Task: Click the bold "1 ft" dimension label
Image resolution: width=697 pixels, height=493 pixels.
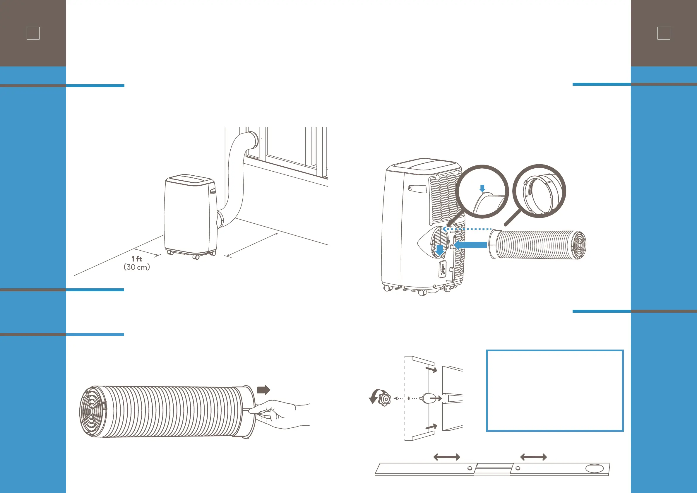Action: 137,259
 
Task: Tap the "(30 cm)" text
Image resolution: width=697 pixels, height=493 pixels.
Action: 137,267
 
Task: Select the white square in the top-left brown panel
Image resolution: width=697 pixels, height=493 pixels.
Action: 33,33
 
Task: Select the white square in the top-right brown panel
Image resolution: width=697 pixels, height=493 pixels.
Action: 664,33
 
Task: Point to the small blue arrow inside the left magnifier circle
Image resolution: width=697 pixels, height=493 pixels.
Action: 482,188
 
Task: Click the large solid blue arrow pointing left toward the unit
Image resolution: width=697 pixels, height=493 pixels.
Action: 470,245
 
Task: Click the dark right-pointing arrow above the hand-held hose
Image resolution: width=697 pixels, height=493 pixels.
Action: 263,390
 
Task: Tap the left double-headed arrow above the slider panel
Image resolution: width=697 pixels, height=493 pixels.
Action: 446,457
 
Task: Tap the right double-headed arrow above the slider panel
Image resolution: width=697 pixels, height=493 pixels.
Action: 533,457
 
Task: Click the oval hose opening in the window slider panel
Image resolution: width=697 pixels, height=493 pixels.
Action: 594,468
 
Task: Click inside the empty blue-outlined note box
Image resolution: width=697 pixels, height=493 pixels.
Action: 555,391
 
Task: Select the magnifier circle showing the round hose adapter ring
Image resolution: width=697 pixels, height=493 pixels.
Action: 539,191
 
